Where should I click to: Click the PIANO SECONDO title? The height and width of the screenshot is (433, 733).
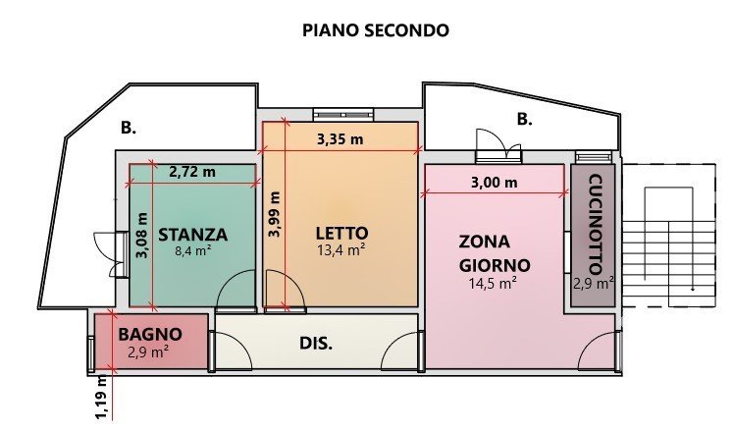pos(376,30)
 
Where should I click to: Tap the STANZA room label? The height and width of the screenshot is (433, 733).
pos(192,235)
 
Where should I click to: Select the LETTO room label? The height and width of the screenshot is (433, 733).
pos(341,233)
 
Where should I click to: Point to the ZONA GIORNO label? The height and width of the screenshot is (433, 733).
pos(495,253)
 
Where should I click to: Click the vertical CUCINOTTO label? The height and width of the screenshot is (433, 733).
pos(595,224)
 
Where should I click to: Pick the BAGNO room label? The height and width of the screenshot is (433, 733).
pos(150,335)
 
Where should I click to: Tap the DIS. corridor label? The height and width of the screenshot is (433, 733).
pos(316,344)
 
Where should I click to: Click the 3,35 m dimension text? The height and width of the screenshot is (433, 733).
pos(340,138)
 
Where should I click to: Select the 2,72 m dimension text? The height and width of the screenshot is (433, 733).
pos(192,172)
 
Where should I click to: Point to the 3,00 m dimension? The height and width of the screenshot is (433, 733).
pos(494,183)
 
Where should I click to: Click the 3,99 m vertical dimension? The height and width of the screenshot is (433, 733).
pos(275,214)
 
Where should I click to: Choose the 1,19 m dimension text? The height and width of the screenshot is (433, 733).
pos(102,398)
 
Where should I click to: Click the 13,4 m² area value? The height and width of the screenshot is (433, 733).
pos(341,250)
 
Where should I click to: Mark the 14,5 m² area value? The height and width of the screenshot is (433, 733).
pos(493,284)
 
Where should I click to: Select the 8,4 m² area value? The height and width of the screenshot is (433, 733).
pos(193,250)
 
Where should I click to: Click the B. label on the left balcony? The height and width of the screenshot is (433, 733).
pos(129,128)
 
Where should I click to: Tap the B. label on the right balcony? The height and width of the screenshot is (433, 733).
pos(525,119)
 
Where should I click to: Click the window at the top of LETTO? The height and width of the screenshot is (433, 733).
pos(343,115)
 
